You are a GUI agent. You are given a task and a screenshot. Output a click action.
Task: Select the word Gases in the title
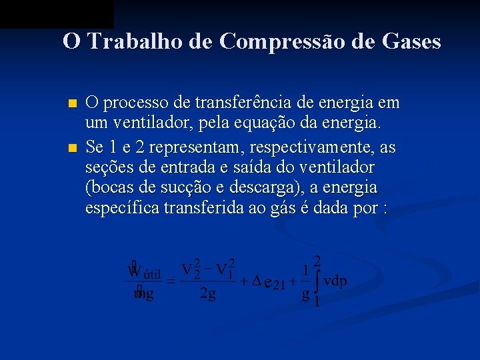pos(412,41)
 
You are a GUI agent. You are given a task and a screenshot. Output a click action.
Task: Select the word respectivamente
pos(301,145)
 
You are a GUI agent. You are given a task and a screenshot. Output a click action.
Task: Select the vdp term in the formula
pos(335,281)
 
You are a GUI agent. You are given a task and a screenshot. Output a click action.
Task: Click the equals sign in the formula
pos(171,282)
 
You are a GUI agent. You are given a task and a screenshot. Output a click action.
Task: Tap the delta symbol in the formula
pos(257,281)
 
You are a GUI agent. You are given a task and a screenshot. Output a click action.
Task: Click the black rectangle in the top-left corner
pos(57,13)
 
